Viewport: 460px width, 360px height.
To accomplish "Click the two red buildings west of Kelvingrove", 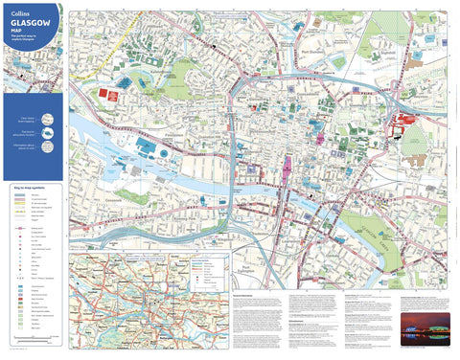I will [108, 93].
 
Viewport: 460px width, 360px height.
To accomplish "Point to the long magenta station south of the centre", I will [286, 174].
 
